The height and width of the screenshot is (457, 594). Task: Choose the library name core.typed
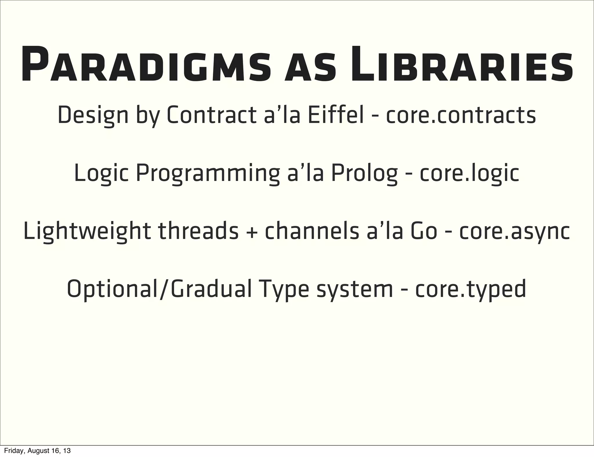[470, 290]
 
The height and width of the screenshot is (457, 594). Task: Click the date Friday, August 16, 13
[37, 451]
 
